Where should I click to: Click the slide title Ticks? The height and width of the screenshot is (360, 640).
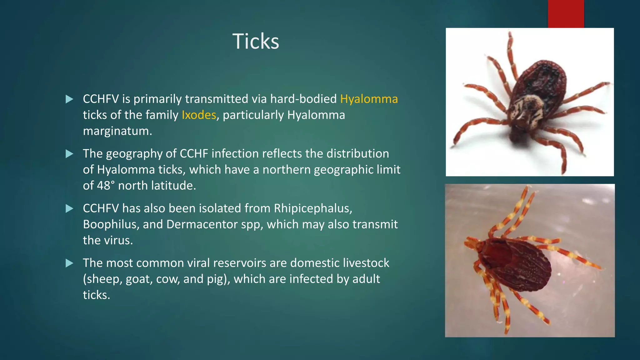click(256, 41)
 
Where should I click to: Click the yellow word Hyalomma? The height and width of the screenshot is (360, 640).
click(369, 99)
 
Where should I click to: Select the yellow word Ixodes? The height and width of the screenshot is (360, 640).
click(199, 115)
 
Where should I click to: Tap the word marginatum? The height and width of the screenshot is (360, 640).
click(117, 131)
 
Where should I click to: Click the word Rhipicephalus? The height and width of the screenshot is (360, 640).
click(313, 208)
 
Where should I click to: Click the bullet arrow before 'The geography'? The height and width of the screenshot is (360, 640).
click(69, 154)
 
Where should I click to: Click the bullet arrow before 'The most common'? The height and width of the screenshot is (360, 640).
click(69, 263)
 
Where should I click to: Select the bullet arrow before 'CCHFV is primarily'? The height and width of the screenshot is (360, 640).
click(69, 99)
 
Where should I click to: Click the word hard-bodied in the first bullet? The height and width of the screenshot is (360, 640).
click(303, 99)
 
